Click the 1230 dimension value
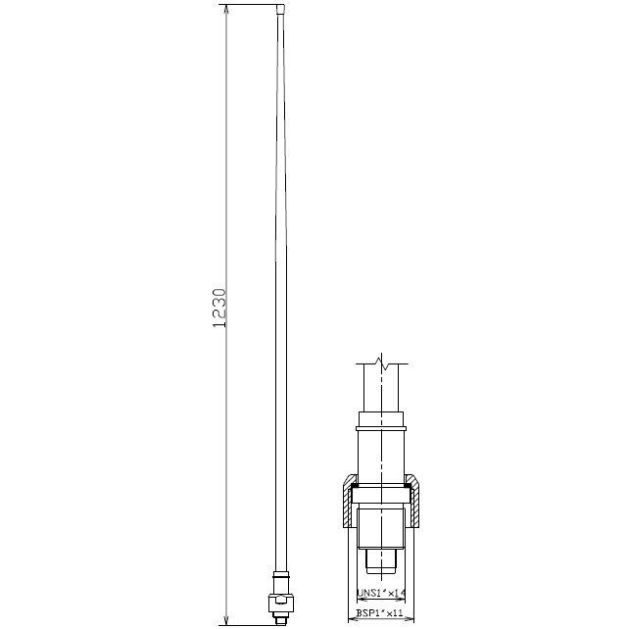[x=218, y=308]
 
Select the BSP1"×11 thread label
[x=379, y=613]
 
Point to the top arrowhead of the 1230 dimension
[x=226, y=10]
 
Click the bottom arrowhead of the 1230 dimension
[x=226, y=620]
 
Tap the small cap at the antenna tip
[x=281, y=9]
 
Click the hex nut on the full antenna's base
[x=281, y=603]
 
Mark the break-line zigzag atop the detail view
[x=381, y=363]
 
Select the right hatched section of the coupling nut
[x=412, y=501]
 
